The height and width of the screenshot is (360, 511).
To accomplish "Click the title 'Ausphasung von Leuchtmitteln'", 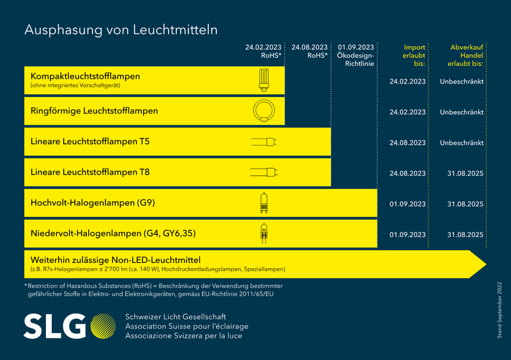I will coord(121,30).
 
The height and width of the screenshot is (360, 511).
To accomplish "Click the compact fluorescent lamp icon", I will coord(263,80).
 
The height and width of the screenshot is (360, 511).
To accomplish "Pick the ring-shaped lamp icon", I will coord(263,111).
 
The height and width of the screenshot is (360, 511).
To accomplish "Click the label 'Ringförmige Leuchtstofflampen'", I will coord(94,111).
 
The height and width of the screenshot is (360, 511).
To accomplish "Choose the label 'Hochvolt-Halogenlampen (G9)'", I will coord(93,203).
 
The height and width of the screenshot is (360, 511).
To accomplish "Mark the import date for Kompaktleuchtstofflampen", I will coord(407,82).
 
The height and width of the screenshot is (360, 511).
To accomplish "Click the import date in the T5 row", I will coord(407,142).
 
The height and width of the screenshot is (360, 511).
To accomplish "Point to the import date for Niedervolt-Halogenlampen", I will coord(407,234).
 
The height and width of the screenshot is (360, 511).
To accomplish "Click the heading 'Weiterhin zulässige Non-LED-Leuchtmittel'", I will coord(116,260).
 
